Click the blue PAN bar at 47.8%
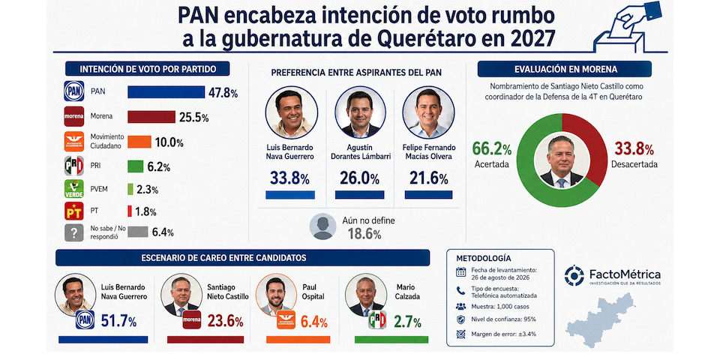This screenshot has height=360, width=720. (x=166, y=91)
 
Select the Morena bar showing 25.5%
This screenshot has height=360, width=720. (x=151, y=117)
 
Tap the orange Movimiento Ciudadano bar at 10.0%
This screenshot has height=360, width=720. (x=139, y=142)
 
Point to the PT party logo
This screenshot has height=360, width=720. (x=74, y=211)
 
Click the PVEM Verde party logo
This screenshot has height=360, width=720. (x=74, y=189)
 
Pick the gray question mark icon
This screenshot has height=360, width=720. (x=74, y=232)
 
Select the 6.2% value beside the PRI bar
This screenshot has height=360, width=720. (x=159, y=167)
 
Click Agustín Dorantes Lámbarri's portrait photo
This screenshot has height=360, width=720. (x=361, y=112)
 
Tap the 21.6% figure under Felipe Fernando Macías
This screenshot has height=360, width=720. (x=428, y=178)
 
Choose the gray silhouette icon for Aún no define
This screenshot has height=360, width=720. (x=322, y=226)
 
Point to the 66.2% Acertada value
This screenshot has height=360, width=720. (x=492, y=149)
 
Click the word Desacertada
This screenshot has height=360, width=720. (x=634, y=164)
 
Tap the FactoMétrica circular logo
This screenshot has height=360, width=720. (x=574, y=275)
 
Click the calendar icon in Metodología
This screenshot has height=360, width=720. (x=460, y=272)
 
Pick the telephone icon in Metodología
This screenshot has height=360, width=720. (x=460, y=290)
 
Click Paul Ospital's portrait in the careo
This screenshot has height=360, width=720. (x=276, y=295)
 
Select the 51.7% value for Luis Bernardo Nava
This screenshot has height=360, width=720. (x=119, y=322)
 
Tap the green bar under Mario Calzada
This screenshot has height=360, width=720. (x=391, y=340)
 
